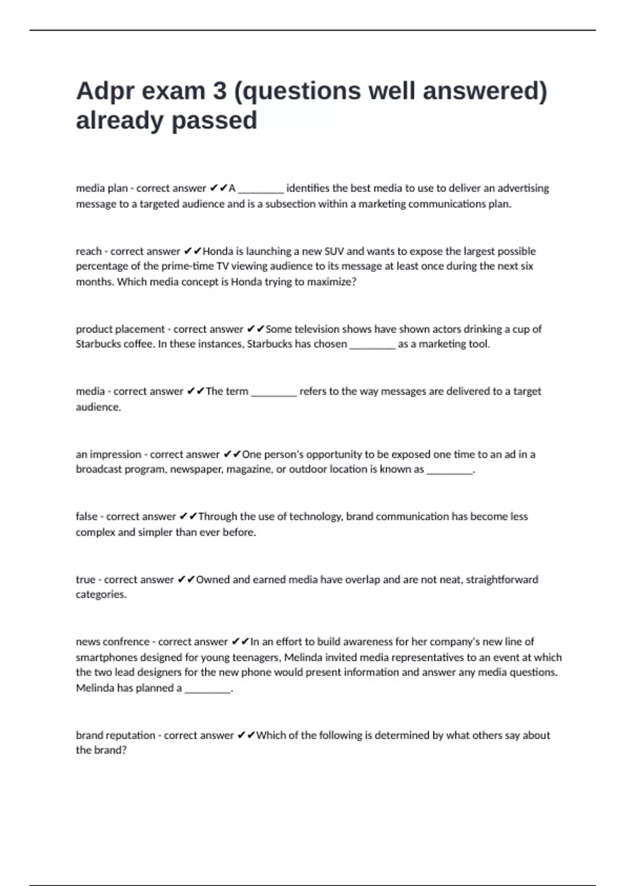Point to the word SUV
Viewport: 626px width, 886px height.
[x=334, y=251]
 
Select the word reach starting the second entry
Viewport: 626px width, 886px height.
[x=88, y=251]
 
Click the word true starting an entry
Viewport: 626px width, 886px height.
[x=86, y=580]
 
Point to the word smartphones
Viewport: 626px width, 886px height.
[x=106, y=657]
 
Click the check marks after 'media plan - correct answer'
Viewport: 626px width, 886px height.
[x=219, y=188]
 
